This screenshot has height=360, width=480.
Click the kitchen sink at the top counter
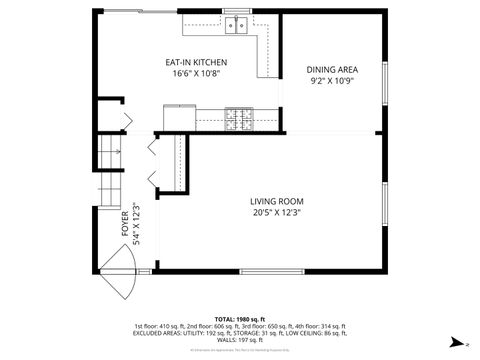(x=236, y=25)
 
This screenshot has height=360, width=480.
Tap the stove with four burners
(x=239, y=118)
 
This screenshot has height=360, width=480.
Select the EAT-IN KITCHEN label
(x=196, y=62)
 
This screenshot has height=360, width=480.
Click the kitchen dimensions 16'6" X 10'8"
(x=196, y=74)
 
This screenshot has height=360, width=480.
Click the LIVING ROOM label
(x=276, y=200)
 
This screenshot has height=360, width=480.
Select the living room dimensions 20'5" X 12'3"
(x=276, y=212)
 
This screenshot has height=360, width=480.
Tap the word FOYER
(x=125, y=220)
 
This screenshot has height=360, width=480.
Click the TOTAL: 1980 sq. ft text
(x=239, y=318)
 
